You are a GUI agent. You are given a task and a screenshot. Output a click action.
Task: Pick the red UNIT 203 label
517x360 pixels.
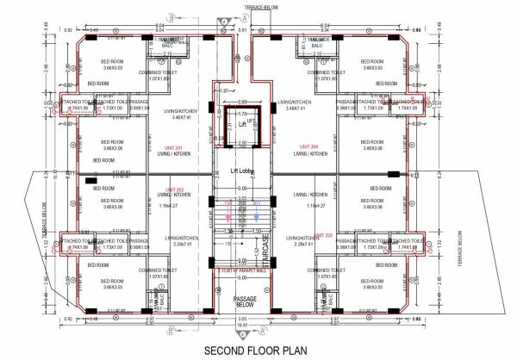pos(325,234)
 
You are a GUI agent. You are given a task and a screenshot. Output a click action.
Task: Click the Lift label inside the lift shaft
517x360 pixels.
pos(230,124)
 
